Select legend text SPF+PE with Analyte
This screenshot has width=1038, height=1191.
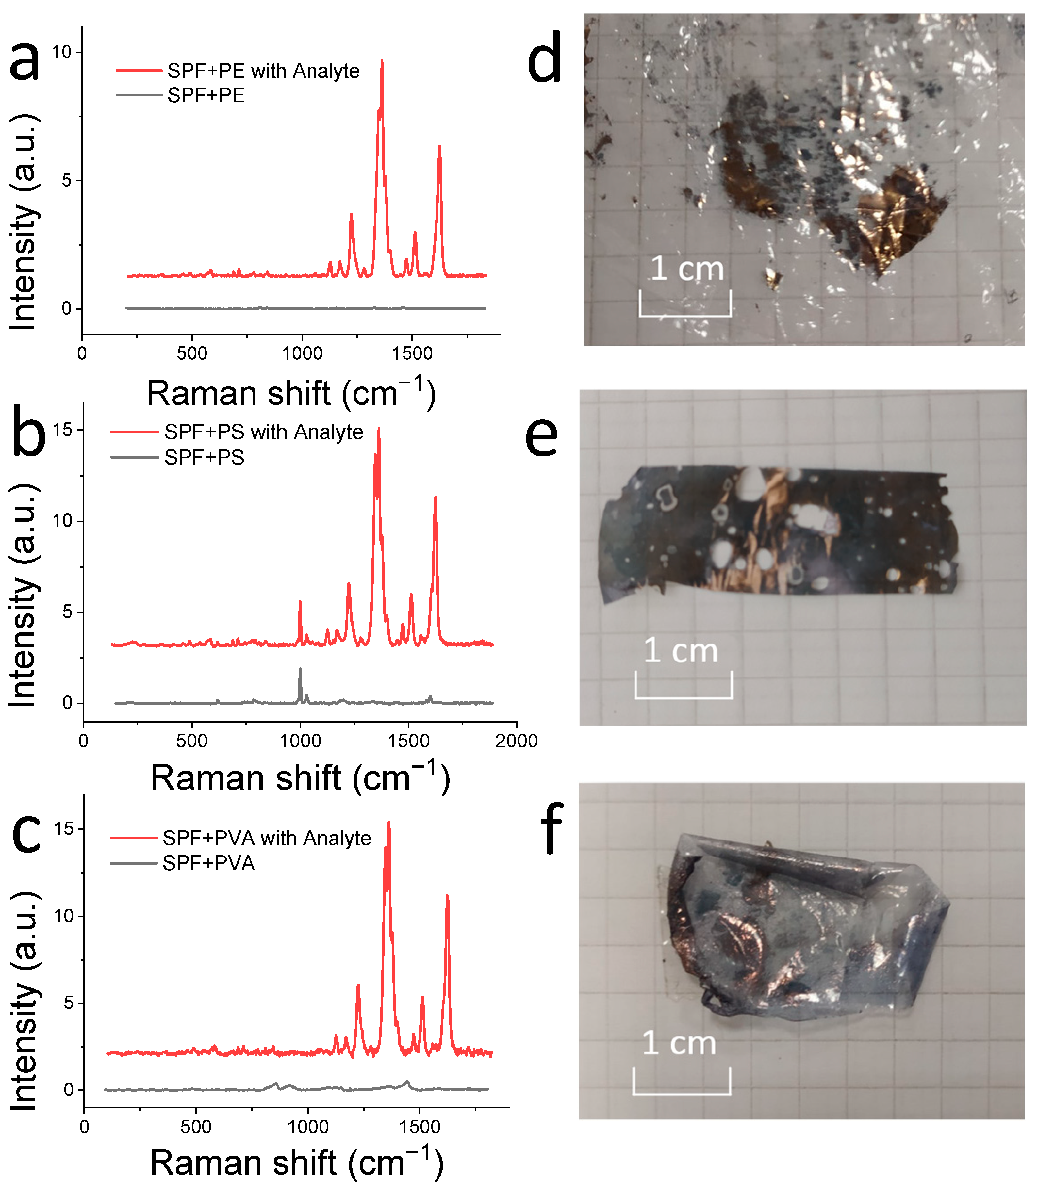(264, 71)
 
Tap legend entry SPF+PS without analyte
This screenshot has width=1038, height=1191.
(204, 457)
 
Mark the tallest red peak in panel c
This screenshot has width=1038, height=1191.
(389, 823)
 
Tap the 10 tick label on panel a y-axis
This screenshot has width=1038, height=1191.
(61, 52)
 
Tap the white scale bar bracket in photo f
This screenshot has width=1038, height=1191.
(682, 1093)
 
